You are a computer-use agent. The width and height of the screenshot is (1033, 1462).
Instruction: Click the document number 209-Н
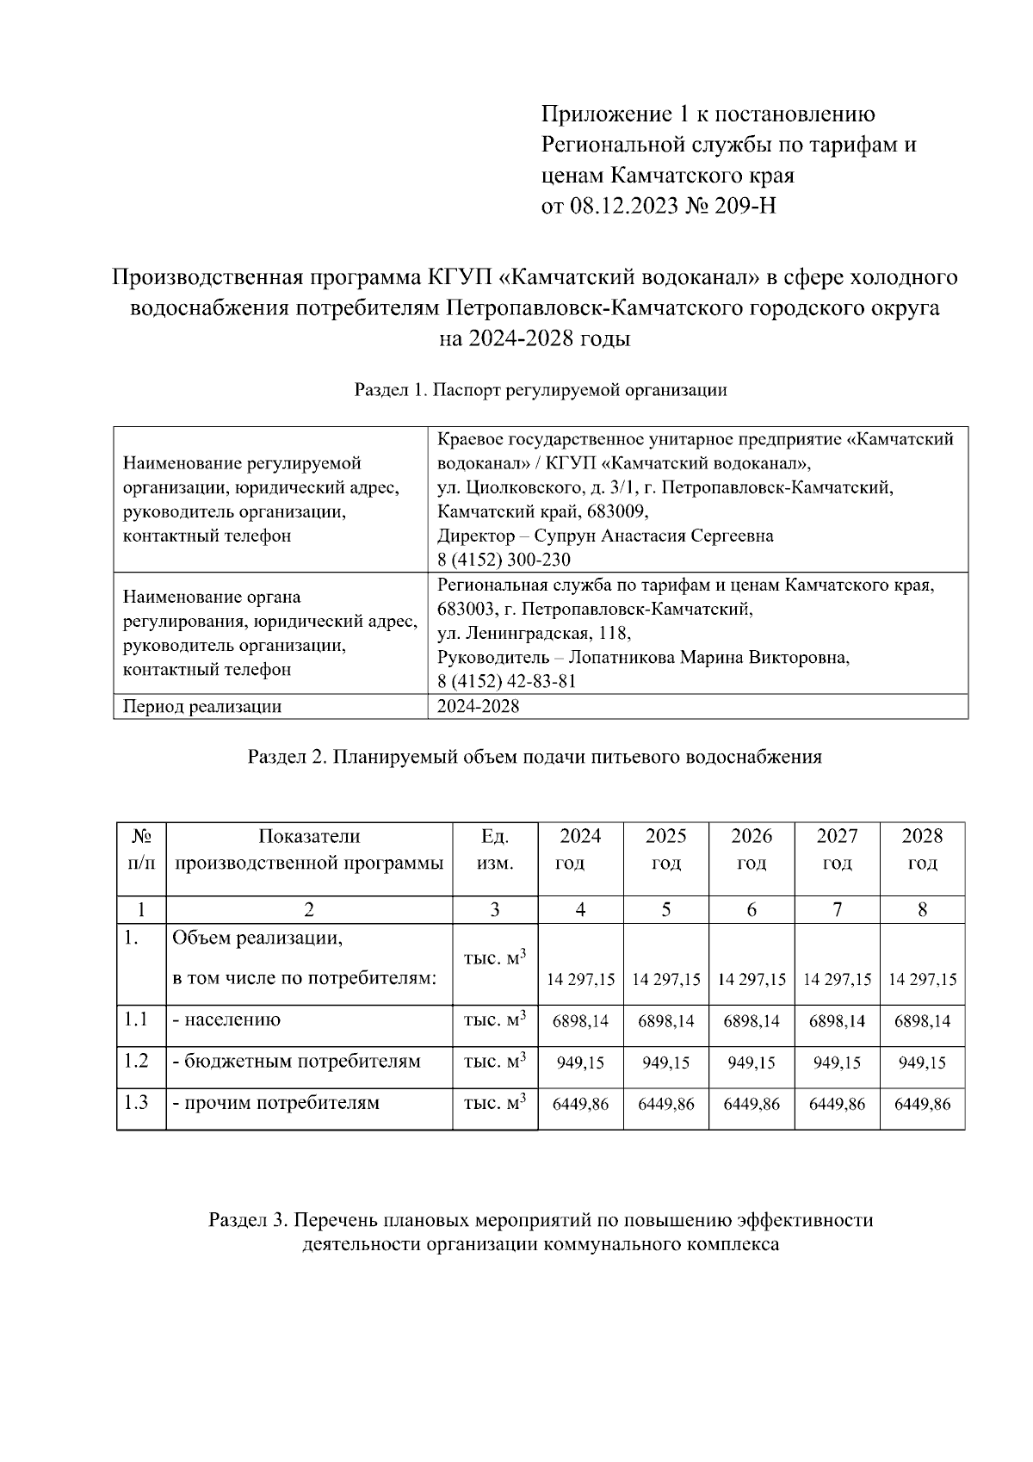[x=741, y=207]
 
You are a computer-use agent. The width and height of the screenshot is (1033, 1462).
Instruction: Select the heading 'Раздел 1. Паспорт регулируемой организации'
[x=541, y=390]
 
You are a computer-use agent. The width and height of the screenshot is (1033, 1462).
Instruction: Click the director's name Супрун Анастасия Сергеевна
[x=653, y=536]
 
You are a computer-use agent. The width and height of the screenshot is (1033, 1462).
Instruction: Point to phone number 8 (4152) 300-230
[x=504, y=560]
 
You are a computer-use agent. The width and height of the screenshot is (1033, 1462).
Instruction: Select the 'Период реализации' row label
[x=202, y=707]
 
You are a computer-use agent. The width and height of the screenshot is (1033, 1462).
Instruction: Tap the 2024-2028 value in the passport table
[x=478, y=707]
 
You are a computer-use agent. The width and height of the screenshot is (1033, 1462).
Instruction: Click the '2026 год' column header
[x=751, y=849]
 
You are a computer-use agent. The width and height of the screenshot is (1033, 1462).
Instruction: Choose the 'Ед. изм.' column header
[x=495, y=849]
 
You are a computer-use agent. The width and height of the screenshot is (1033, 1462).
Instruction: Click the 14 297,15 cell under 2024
[x=580, y=980]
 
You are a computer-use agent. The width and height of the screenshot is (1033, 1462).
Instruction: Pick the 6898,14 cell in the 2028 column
[x=922, y=1021]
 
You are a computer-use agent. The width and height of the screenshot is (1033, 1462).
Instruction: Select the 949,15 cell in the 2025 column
[x=665, y=1063]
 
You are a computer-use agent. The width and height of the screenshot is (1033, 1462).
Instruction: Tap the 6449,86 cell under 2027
[x=837, y=1105]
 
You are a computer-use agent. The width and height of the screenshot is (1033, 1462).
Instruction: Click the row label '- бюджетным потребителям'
[x=296, y=1061]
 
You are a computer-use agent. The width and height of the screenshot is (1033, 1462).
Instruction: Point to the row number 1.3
[x=136, y=1102]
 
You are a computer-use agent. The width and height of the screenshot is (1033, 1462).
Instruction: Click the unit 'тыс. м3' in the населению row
[x=494, y=1020]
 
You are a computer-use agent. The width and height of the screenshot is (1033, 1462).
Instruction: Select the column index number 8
[x=922, y=909]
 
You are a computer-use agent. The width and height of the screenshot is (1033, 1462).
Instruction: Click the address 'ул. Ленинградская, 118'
[x=534, y=634]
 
